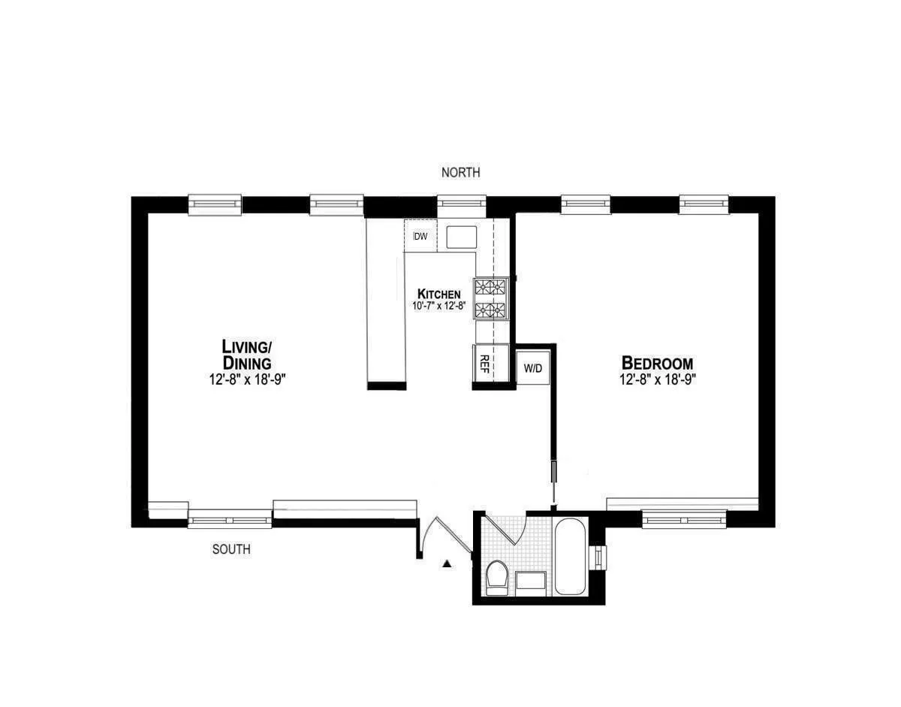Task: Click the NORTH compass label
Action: coord(460,173)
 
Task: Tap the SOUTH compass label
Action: coord(231,549)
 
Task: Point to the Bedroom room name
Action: coord(656,363)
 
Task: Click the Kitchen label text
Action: coord(439,294)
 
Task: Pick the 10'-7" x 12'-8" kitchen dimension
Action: coord(439,306)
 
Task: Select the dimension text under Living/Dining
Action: coord(248,380)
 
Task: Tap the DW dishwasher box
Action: coord(420,237)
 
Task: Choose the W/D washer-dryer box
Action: coord(533,368)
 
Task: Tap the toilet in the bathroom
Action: coord(497,579)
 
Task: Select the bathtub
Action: coord(571,555)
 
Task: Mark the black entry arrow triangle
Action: coord(447,563)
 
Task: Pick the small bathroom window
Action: coord(598,557)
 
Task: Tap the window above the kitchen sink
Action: coord(462,204)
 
